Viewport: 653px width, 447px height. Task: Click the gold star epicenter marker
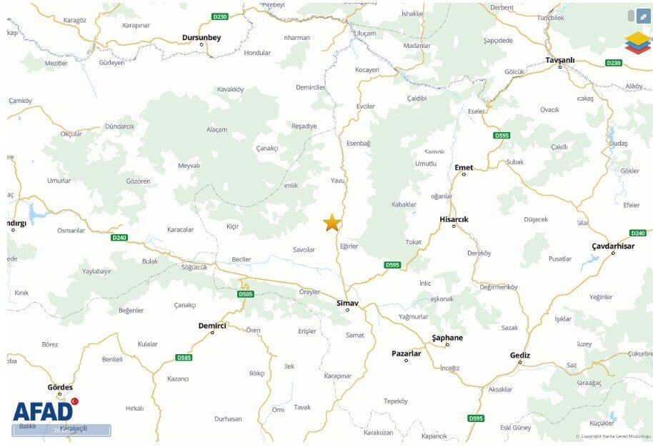pos(332,222)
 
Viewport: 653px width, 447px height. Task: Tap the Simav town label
pos(347,303)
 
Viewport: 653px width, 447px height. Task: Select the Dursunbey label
pos(201,37)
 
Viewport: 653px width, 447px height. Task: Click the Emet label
pos(464,167)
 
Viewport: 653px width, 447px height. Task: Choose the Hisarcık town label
pos(454,219)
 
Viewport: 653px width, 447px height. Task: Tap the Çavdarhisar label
pos(613,246)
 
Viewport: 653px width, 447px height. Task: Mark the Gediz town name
pos(519,355)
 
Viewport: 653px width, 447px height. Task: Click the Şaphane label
pos(447,338)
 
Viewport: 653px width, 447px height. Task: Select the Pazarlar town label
pos(407,353)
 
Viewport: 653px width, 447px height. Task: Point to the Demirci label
pos(212,326)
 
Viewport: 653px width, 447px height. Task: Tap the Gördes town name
pos(60,387)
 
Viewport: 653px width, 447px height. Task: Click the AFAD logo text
pos(42,411)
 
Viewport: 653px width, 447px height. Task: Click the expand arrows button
pos(644,16)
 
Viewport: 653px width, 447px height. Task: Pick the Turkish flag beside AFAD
pos(74,401)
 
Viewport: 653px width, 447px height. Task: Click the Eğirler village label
pos(349,246)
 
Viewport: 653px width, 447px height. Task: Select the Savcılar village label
pos(304,249)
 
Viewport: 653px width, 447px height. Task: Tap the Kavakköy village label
pos(230,89)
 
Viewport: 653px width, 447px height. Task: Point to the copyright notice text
pos(614,436)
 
